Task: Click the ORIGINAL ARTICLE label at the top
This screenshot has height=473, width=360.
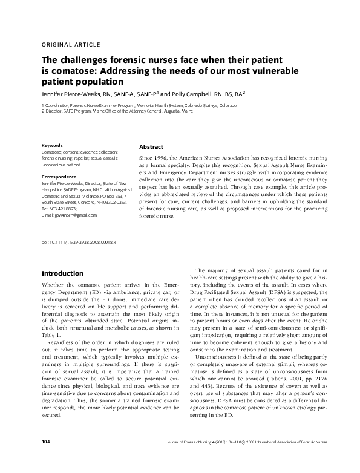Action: tap(70, 45)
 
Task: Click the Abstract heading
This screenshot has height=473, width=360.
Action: tap(151, 147)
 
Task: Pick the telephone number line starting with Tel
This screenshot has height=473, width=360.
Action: tap(59, 209)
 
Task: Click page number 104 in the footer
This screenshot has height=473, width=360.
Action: tap(46, 460)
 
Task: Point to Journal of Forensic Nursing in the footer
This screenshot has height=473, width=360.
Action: tap(190, 460)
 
